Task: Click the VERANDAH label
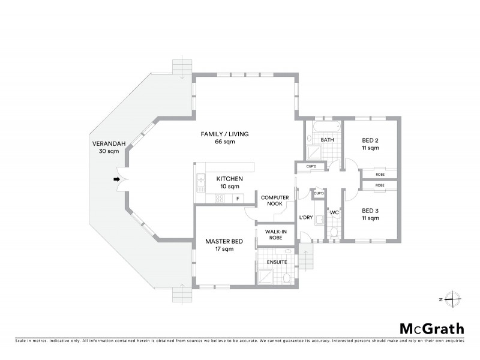tap(104, 144)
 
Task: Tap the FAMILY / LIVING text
tap(224, 133)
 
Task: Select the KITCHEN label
tap(229, 179)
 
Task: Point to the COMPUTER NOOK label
tap(275, 201)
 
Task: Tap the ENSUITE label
tap(276, 262)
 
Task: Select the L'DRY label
tap(305, 218)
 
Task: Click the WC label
tap(335, 212)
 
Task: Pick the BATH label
tap(327, 140)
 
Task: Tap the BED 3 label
tap(370, 211)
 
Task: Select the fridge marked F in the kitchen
tap(238, 199)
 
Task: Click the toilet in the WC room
tap(335, 231)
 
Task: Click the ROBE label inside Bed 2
tap(380, 174)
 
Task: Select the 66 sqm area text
tap(224, 141)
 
